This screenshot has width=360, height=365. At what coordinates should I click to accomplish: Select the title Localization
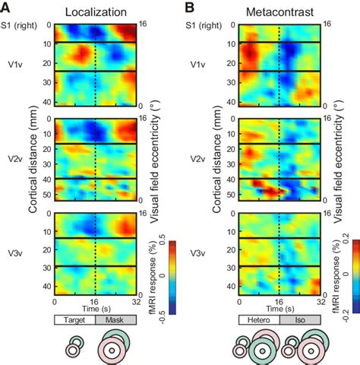(x=96, y=12)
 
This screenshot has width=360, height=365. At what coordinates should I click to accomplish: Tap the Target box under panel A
(x=74, y=322)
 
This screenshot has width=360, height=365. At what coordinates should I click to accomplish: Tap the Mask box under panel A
(x=116, y=322)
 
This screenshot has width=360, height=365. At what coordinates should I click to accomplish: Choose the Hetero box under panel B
(x=260, y=322)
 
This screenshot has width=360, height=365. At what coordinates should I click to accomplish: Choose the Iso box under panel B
(x=301, y=322)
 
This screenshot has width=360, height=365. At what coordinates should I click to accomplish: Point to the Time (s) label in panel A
(x=96, y=311)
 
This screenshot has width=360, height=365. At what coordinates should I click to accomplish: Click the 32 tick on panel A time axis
(x=137, y=303)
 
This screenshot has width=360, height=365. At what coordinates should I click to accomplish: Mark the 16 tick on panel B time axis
(x=280, y=303)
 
